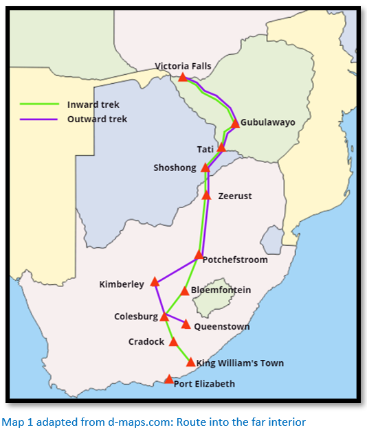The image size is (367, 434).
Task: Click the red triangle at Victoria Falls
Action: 183,77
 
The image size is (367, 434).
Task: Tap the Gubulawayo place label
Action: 268,122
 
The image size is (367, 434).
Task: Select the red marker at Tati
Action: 221,147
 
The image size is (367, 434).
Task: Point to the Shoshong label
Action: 175,168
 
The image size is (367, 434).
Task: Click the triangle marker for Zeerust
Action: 206,195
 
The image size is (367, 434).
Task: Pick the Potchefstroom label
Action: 235,260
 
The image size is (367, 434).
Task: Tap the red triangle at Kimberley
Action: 155,282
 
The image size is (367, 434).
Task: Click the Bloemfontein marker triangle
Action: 184,291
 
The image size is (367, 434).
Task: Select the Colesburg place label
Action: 136,317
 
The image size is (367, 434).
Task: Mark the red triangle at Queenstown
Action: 186,324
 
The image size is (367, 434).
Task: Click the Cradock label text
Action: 146,342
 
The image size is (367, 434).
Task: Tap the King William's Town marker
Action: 191,362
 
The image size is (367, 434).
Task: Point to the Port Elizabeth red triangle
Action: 169,379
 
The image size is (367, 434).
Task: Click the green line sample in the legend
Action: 39,104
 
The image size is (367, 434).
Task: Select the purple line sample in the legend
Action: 38,119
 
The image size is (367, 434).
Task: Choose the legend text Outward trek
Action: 97,119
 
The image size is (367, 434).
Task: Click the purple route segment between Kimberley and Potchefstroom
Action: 177,271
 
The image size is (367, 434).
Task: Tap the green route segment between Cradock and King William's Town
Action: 182,352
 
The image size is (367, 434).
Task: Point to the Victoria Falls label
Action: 183,66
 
